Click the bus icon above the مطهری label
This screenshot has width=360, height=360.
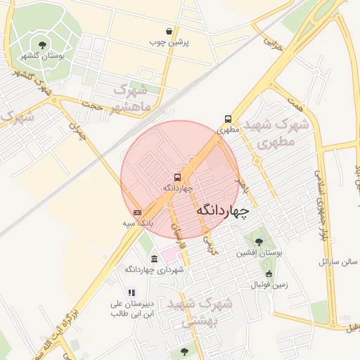(x=228, y=119)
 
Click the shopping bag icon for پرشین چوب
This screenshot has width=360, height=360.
(x=169, y=31)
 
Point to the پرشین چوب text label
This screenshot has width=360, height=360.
(x=169, y=42)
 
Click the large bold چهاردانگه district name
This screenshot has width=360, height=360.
(x=221, y=210)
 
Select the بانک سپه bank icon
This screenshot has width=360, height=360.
(x=137, y=212)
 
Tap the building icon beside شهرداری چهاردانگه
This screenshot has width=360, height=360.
(x=154, y=259)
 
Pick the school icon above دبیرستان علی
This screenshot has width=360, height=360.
(x=130, y=292)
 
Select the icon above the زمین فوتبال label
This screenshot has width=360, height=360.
(x=269, y=274)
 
